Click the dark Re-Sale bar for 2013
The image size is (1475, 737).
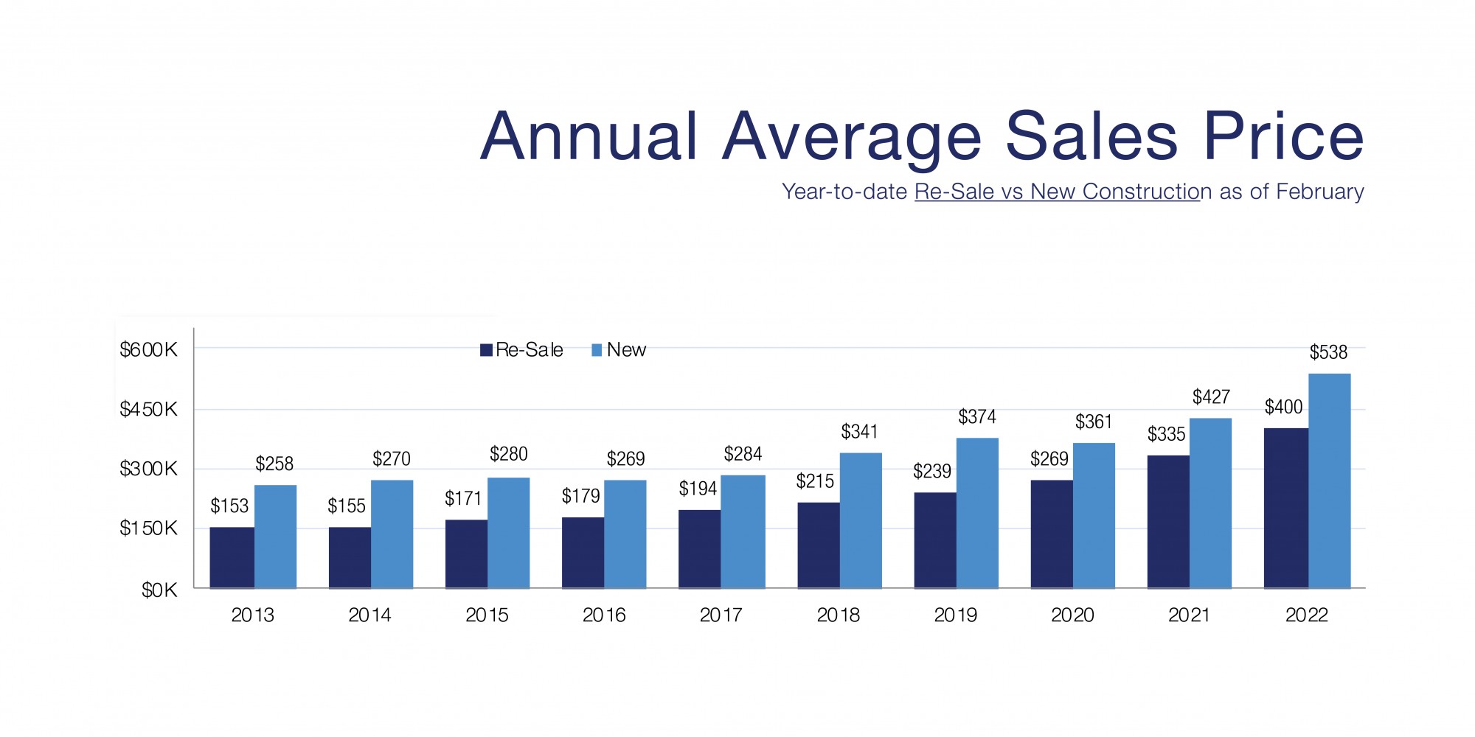tap(232, 557)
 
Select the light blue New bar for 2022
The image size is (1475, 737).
tap(1329, 481)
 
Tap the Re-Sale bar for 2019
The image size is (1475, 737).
tap(934, 539)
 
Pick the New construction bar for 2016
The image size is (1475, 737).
tap(625, 534)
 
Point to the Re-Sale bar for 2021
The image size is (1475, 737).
tap(1167, 521)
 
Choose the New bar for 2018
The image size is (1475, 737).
tap(860, 520)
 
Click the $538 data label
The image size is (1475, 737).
tap(1328, 352)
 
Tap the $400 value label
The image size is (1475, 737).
tap(1283, 407)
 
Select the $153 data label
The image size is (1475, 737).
tap(229, 506)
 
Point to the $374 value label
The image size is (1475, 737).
tap(976, 417)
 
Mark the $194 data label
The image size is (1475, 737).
tap(698, 489)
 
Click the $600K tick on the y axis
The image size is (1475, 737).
tap(148, 349)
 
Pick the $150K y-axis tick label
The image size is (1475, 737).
tap(148, 528)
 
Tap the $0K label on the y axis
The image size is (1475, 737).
tap(159, 590)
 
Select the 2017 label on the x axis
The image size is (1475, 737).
tap(721, 615)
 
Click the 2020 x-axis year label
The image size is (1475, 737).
tap(1072, 615)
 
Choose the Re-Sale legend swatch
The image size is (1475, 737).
tap(486, 350)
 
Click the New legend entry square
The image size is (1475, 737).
tap(597, 350)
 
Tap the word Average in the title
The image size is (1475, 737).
tap(852, 138)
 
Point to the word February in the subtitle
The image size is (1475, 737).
tap(1319, 192)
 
